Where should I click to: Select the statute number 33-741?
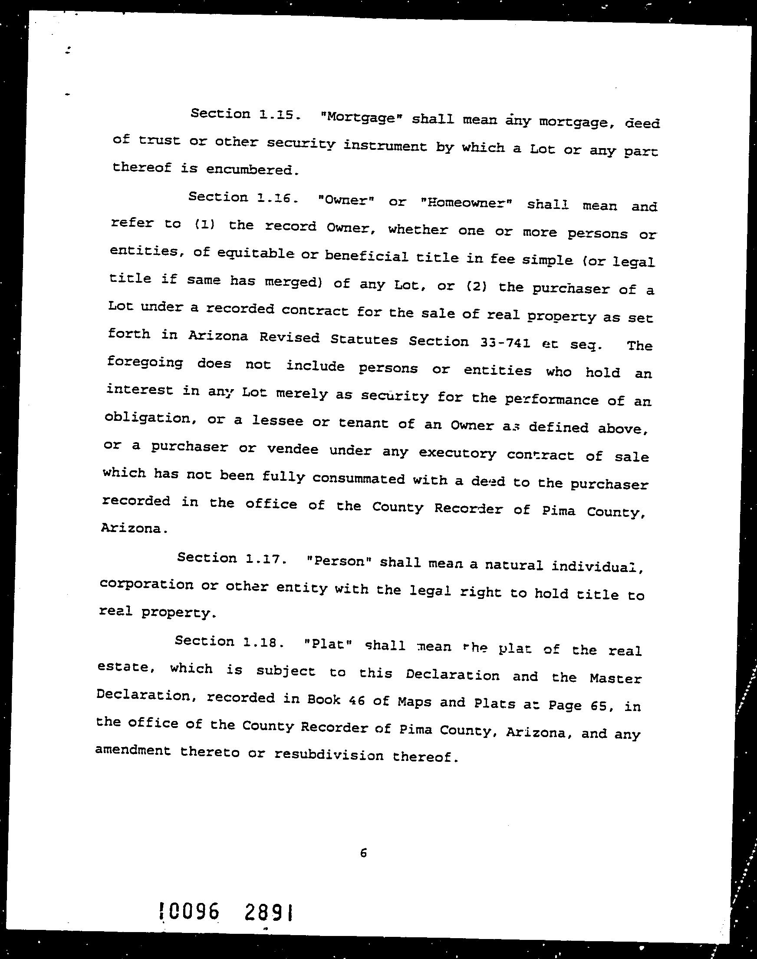point(505,342)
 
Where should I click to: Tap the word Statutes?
point(364,340)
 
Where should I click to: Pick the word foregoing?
point(145,362)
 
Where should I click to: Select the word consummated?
point(358,479)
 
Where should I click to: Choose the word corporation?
point(146,585)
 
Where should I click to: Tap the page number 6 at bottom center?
point(363,853)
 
